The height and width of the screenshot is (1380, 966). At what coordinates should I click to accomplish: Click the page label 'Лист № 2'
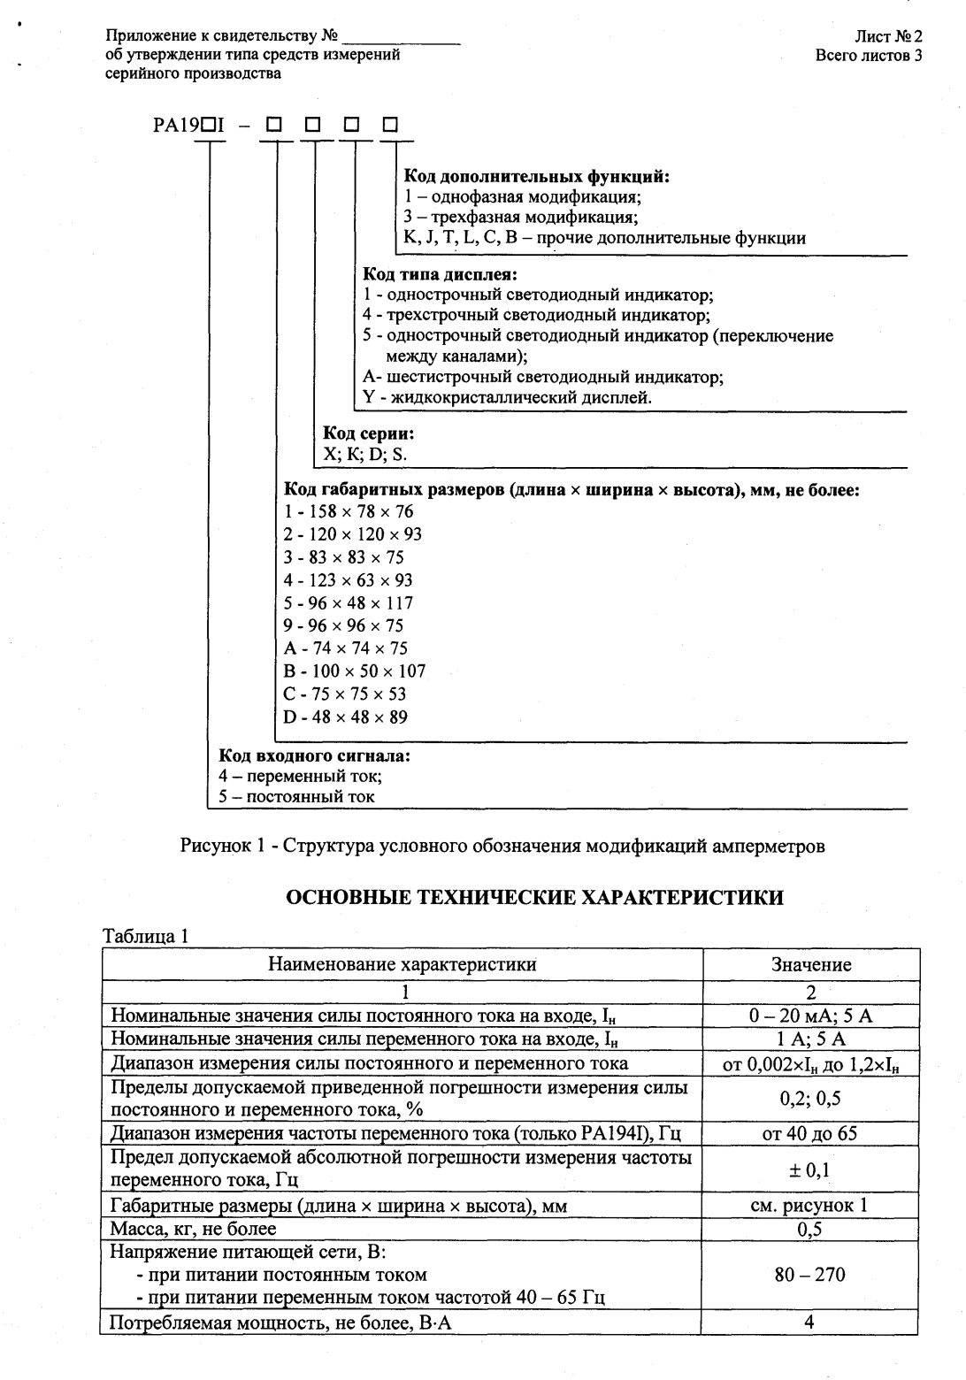pos(888,36)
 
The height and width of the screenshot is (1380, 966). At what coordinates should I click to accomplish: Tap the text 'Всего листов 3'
pos(869,55)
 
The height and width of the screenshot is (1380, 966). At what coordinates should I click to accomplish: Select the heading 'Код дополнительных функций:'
pos(536,176)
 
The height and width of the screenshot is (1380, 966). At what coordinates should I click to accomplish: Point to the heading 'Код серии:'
pos(368,433)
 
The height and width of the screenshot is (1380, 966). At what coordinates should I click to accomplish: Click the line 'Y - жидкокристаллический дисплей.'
pos(507,397)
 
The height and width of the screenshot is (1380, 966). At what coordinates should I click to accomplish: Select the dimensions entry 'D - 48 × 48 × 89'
pos(345,717)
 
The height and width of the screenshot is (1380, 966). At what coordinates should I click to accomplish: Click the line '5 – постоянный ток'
pos(296,796)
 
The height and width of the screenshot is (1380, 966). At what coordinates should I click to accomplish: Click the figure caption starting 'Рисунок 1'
pos(502,846)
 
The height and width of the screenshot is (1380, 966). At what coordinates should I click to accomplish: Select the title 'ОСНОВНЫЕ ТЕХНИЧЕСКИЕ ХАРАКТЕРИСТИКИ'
pos(534,898)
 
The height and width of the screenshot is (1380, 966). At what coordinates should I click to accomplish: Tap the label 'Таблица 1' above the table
pos(146,936)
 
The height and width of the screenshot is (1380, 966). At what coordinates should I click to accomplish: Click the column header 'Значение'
pos(810,964)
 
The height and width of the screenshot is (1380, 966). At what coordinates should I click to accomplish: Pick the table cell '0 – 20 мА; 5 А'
pos(810,1016)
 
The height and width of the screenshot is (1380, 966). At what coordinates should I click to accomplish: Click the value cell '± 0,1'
pos(809,1170)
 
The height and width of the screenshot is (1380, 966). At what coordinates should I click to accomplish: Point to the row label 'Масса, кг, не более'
pos(193,1229)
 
